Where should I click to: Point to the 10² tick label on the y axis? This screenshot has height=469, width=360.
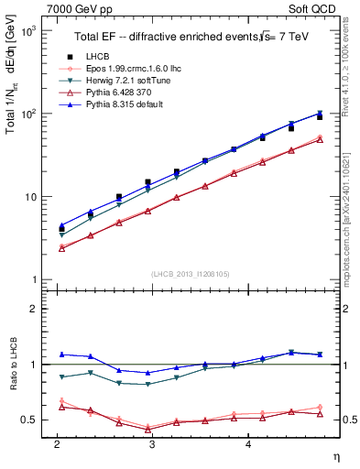coord(30,114)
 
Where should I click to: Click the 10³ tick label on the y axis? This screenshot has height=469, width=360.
coord(30,31)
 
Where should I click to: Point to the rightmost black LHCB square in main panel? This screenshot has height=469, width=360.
coord(320,117)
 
